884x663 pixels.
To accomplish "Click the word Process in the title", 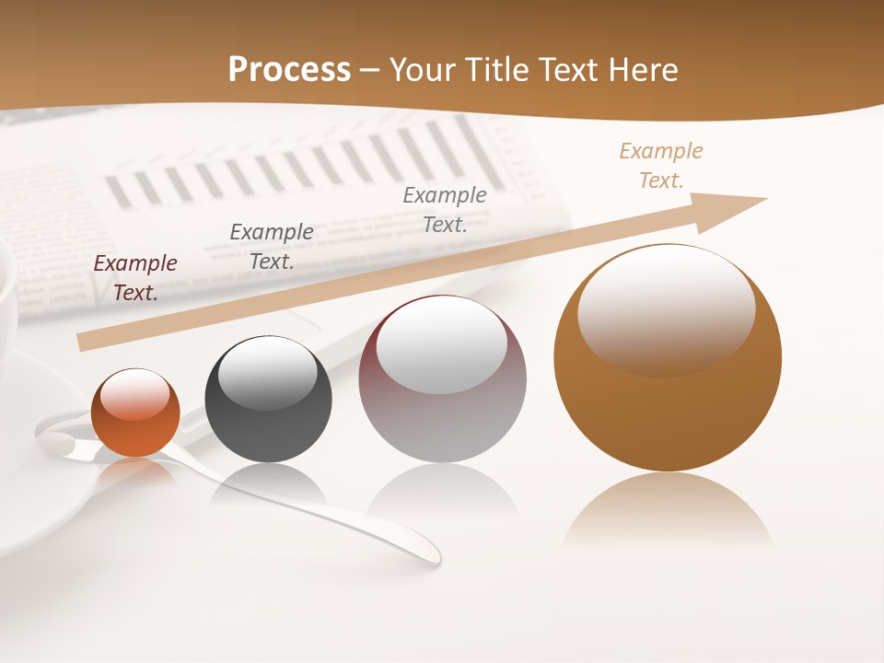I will [x=289, y=69].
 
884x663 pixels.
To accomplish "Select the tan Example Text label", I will [x=661, y=166].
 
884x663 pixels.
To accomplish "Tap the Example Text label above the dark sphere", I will [x=272, y=246].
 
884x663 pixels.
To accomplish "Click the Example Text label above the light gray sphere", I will [x=445, y=209].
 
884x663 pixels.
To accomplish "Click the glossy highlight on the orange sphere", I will [x=135, y=394].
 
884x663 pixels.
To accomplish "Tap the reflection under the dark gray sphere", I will [x=268, y=483].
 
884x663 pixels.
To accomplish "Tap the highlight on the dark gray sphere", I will [x=268, y=372].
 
